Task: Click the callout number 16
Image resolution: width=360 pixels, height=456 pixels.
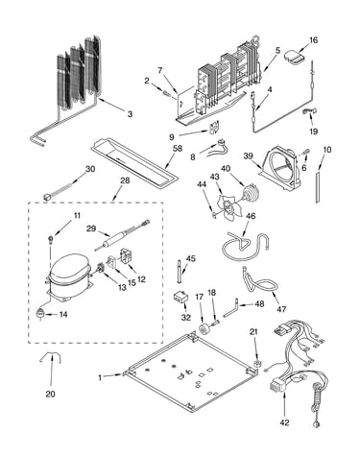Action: tap(313, 40)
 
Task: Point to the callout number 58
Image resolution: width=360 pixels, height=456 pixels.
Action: tap(177, 149)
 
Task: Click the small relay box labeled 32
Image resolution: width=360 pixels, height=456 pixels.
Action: tap(180, 297)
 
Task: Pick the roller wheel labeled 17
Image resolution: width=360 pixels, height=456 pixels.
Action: tap(203, 329)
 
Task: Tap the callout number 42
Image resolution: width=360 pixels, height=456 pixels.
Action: tap(284, 422)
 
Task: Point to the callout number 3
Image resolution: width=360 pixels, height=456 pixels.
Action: tap(130, 114)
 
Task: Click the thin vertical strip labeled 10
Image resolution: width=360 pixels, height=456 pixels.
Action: tap(317, 186)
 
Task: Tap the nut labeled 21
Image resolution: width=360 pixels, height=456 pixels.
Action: tap(256, 363)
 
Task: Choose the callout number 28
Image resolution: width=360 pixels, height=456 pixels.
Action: tap(125, 180)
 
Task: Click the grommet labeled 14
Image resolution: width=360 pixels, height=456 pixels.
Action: tap(40, 314)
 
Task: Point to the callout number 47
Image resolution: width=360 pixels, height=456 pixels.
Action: tap(281, 309)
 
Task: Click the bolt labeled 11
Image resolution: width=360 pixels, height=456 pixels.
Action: tap(51, 239)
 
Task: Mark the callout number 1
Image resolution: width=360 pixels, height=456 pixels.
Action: tap(100, 377)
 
